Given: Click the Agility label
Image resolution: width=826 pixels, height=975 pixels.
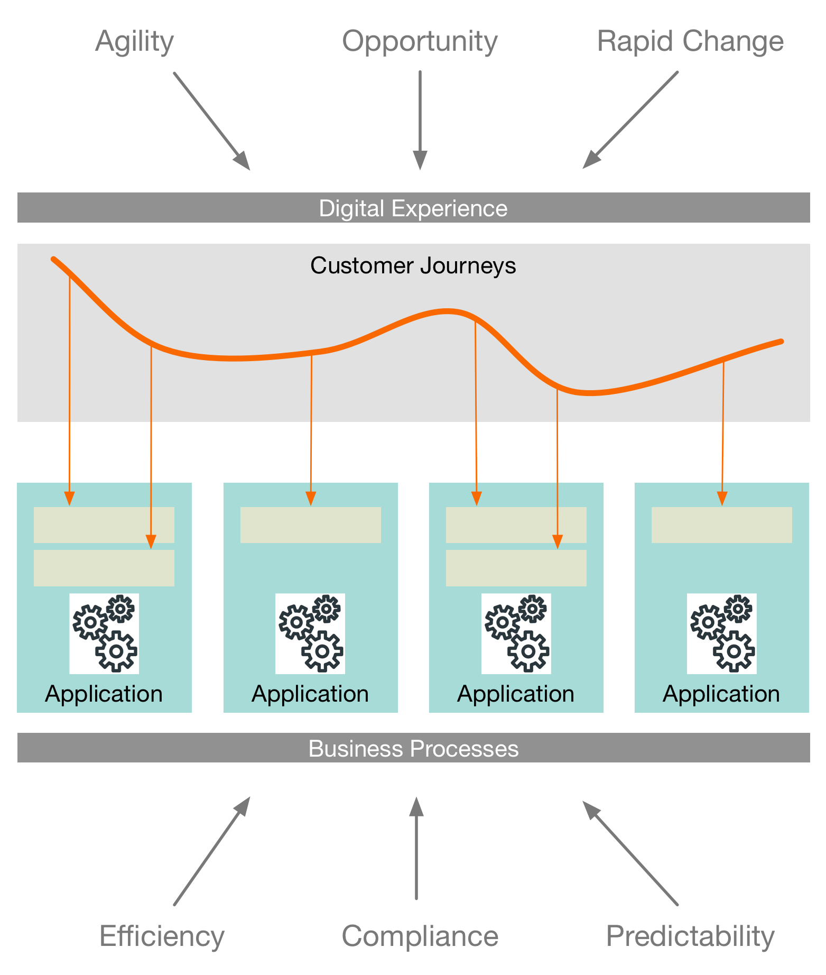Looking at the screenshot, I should coord(134,41).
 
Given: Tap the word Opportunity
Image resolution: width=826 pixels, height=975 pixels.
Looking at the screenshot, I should coord(420,41).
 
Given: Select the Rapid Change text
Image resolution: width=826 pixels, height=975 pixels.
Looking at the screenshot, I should coord(690,41).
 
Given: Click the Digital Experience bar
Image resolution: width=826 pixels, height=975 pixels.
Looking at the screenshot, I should coord(413,208).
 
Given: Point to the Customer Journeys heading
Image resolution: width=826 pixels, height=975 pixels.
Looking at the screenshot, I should coord(413,265).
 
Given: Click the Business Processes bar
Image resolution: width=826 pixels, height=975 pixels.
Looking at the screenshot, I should coord(413,748).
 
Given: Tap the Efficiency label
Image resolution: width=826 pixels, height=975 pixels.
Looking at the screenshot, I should coord(162,936).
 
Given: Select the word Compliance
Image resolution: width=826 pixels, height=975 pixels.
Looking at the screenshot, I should coord(420,936).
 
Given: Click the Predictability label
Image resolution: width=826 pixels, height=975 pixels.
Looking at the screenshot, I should coord(690,936).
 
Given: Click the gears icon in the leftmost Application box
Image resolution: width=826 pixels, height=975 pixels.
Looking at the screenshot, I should coord(104,633).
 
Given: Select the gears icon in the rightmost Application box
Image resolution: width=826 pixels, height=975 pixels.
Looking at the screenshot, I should coord(722,633).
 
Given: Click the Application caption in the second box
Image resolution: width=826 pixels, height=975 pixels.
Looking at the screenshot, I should coord(310,694).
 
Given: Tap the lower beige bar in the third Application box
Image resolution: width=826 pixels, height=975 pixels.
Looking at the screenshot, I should coord(516,568).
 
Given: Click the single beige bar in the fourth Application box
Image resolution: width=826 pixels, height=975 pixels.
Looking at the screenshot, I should coord(722,525).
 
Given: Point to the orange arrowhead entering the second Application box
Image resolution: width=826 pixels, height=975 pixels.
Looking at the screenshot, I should coord(311,499).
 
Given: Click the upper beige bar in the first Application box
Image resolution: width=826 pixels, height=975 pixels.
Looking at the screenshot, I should coord(104,525).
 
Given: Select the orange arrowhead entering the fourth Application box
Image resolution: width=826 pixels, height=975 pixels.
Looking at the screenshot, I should coord(722,499).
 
